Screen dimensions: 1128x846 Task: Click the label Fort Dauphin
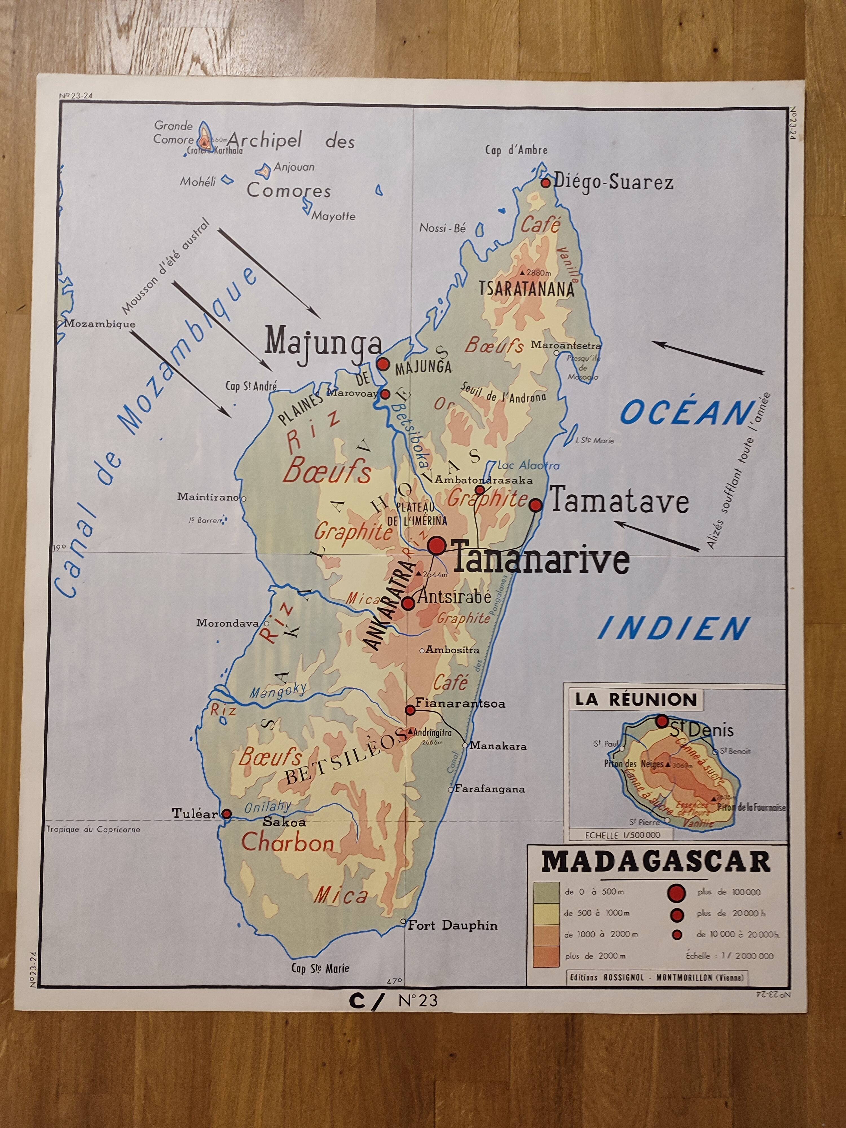[452, 925]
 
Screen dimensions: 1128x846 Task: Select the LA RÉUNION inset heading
[635, 700]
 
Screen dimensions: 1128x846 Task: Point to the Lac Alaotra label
[528, 465]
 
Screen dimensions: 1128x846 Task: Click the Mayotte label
[334, 216]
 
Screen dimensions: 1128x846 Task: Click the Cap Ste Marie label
[320, 968]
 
